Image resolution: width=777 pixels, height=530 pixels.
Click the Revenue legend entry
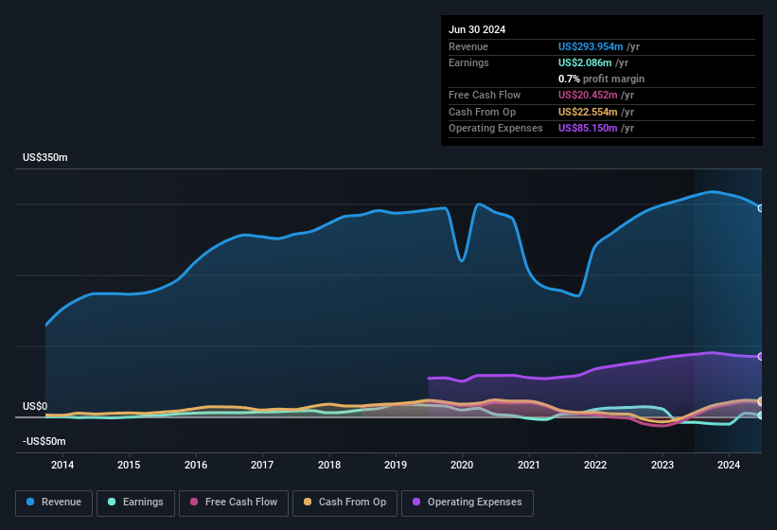[x=55, y=503]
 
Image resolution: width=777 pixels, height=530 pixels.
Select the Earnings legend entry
[x=134, y=503]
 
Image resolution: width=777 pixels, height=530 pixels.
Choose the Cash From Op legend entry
[x=345, y=503]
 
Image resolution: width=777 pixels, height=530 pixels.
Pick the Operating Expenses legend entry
[x=468, y=503]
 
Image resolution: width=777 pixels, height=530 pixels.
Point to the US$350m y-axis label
[x=45, y=157]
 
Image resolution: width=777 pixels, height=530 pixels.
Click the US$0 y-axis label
[x=35, y=406]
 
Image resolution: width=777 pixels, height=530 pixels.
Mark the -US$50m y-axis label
[x=44, y=441]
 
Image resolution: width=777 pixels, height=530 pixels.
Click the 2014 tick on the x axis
[x=62, y=465]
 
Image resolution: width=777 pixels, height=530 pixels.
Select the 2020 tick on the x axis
[x=462, y=465]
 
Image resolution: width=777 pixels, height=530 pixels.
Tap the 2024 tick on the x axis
[x=729, y=465]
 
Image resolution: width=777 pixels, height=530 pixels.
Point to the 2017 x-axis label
[x=262, y=465]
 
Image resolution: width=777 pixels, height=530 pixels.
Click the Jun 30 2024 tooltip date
[x=477, y=29]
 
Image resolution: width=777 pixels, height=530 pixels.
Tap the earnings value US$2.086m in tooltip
[x=587, y=62]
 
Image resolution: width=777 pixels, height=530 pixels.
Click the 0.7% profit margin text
[x=602, y=79]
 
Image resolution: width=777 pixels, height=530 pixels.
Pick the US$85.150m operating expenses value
[x=589, y=128]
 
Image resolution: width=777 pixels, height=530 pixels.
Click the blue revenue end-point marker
[x=761, y=208]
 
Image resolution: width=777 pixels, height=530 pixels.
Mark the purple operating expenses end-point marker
[x=761, y=357]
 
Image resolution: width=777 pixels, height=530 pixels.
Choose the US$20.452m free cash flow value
[x=589, y=96]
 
